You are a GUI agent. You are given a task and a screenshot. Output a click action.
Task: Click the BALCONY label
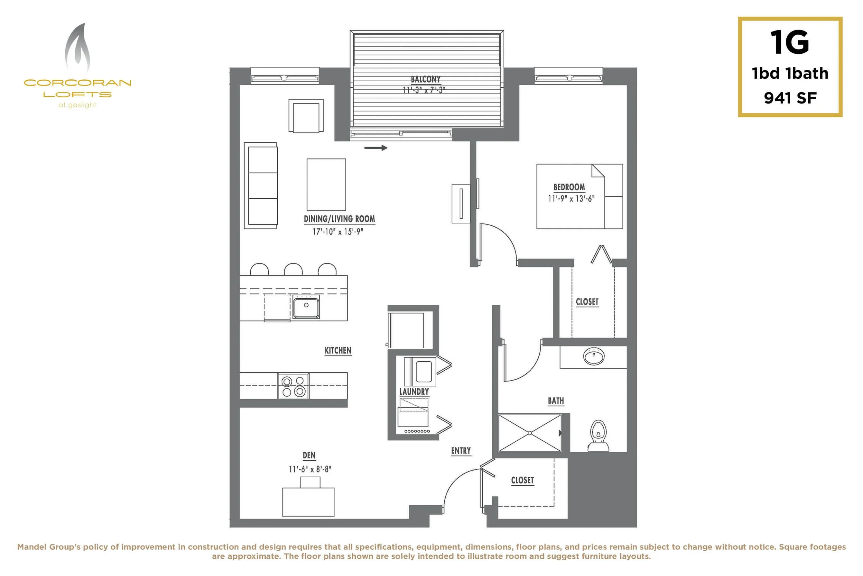coord(425,79)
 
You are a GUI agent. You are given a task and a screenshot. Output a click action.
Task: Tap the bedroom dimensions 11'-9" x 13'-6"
coord(571,199)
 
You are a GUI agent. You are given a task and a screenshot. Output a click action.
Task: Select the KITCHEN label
coord(338,350)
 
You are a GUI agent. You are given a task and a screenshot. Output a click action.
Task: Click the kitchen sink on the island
coord(306,306)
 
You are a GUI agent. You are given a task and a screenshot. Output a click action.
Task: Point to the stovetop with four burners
coord(293,386)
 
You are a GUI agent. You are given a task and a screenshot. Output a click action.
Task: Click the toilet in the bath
coord(598,436)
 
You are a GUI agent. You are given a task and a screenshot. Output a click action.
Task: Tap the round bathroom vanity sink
coord(594,356)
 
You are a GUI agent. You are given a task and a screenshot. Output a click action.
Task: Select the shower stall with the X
coord(530,433)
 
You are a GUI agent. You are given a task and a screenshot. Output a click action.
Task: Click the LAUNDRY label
coord(414,392)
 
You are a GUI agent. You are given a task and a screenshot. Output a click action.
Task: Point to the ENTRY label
coord(461,451)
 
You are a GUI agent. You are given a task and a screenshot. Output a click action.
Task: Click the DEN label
coord(309,455)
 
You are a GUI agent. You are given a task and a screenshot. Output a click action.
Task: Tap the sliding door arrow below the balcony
coord(376,148)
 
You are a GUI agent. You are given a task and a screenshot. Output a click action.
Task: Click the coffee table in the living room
coord(326,185)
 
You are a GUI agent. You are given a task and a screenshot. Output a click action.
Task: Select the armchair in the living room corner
coord(306,116)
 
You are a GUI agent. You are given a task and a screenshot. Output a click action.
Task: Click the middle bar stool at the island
coord(293,270)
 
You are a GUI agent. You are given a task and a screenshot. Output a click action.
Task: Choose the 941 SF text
coord(790,98)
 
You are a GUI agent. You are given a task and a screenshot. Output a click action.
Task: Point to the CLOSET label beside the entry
coord(523,481)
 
